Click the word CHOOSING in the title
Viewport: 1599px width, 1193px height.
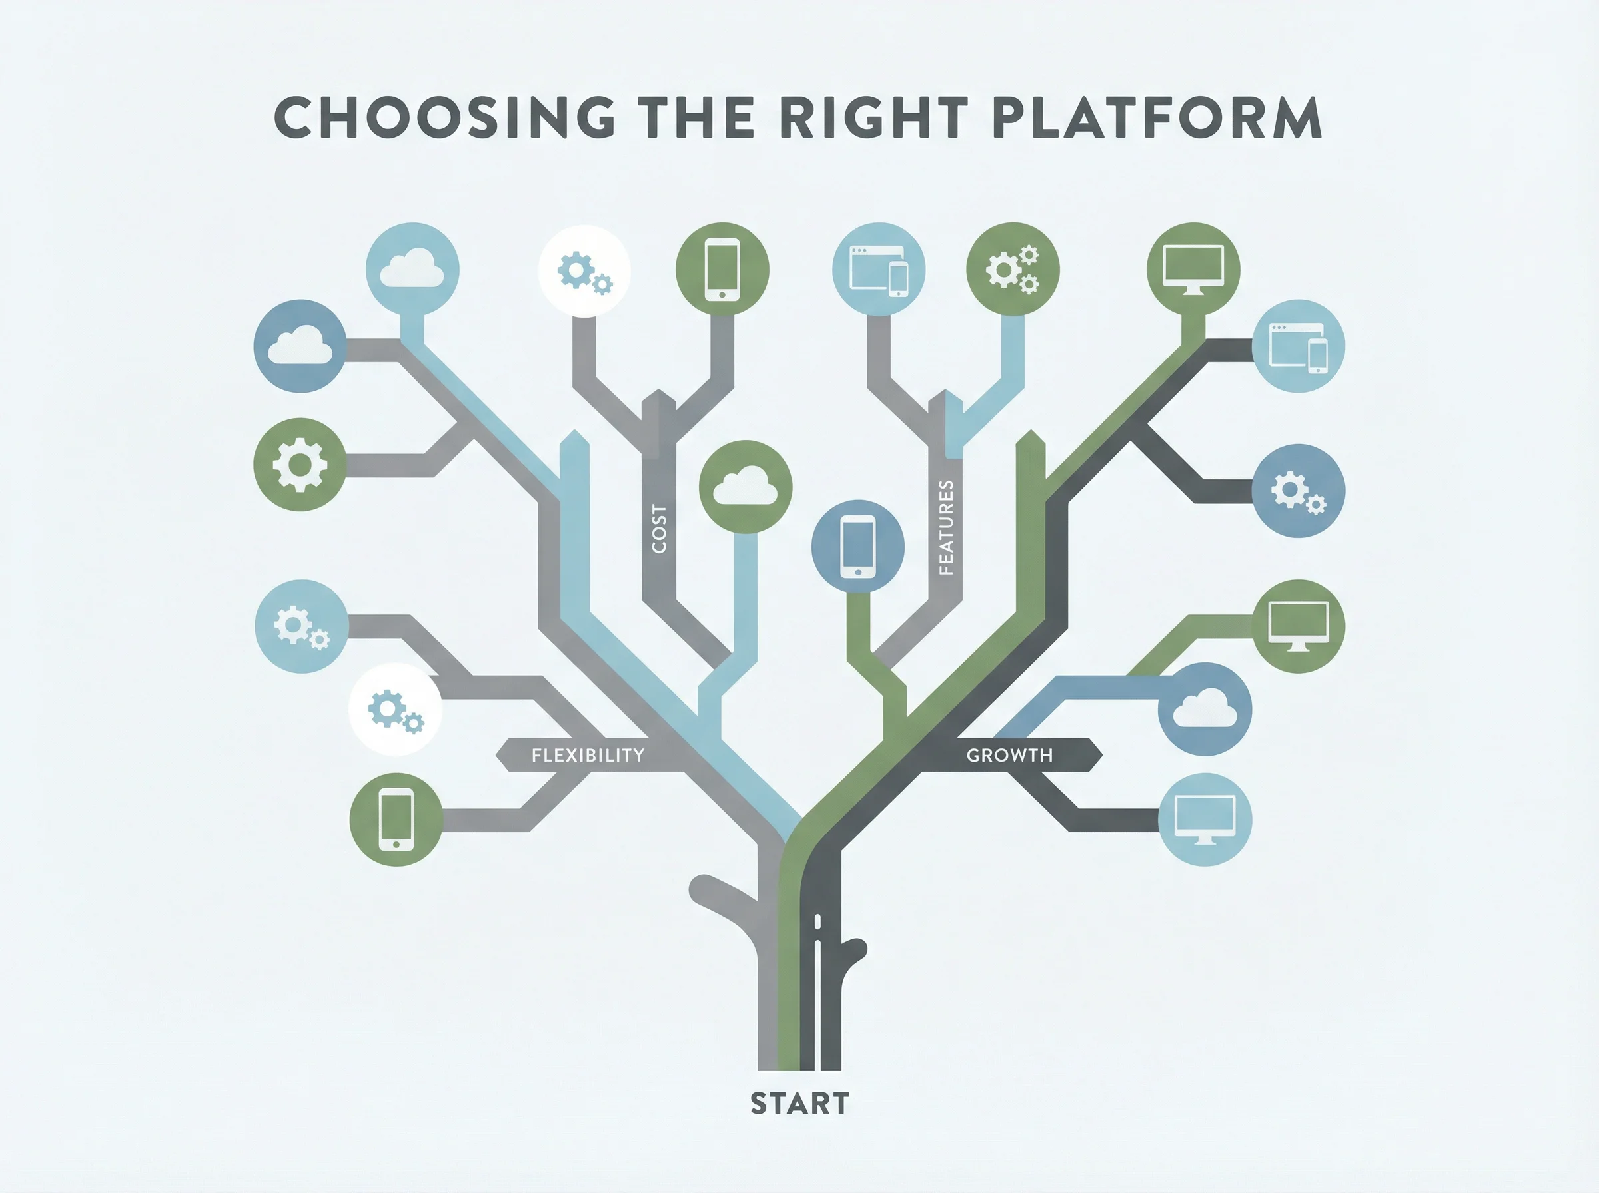445,117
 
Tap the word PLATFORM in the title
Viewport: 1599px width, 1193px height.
1157,117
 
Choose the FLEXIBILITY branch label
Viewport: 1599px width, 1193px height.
588,756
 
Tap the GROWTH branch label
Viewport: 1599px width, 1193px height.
1009,756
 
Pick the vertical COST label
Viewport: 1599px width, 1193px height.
658,529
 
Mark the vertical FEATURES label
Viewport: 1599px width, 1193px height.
945,527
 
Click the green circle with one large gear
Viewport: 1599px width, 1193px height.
300,464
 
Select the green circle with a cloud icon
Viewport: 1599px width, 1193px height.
745,487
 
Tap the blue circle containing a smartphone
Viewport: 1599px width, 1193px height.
857,546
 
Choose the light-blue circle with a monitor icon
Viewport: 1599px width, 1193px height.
1205,819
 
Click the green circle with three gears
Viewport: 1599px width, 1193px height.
1012,270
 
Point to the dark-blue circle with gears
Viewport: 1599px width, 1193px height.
1298,491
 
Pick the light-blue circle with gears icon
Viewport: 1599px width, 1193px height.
301,626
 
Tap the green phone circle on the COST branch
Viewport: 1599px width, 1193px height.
722,270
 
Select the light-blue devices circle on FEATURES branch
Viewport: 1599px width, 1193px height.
879,270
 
